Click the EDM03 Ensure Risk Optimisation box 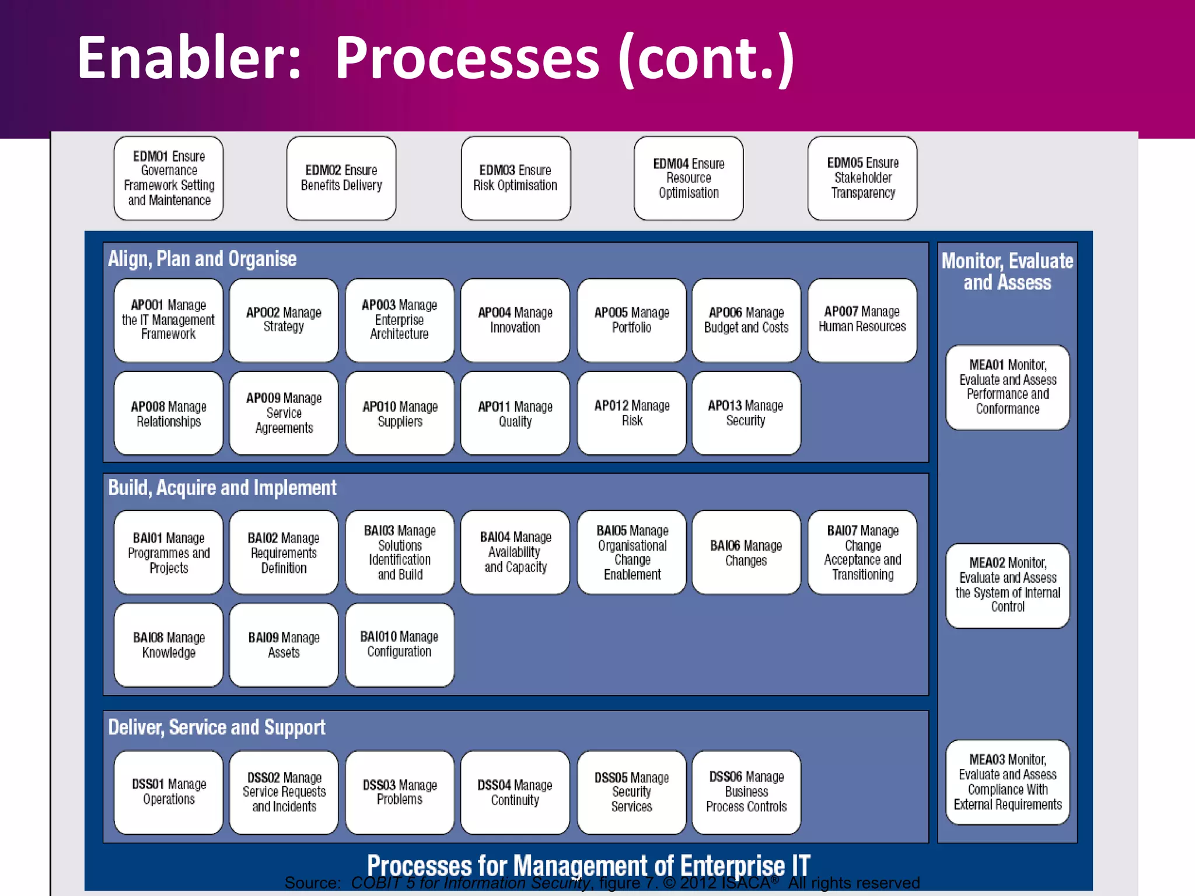(515, 178)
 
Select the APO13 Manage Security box (746, 413)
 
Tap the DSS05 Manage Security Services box (631, 792)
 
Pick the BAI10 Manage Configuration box (400, 645)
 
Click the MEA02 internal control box (1008, 585)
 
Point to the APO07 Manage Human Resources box (862, 320)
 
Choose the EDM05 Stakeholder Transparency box (862, 178)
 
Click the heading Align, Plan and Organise (202, 259)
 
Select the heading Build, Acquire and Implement (222, 488)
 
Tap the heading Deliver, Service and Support (216, 727)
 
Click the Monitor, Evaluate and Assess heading (1007, 271)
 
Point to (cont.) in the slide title (706, 58)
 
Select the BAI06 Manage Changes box (746, 552)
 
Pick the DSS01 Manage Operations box (169, 792)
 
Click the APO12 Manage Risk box (631, 413)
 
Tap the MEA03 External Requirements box (1008, 782)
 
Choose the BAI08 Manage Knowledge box (169, 645)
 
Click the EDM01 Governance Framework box (169, 178)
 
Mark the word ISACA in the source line (745, 883)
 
